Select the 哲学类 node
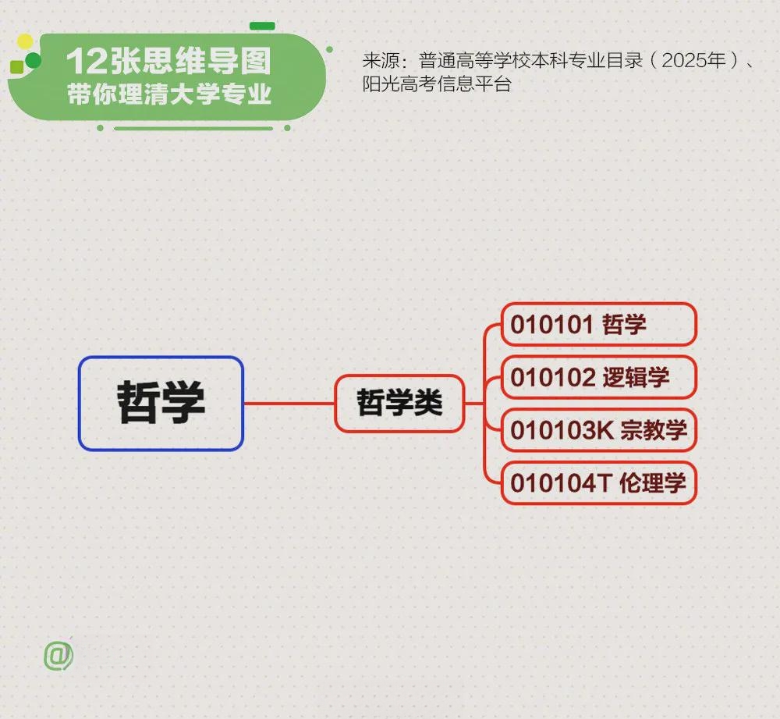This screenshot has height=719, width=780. point(399,404)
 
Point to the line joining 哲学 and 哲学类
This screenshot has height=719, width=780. point(289,404)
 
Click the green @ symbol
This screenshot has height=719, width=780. point(58,655)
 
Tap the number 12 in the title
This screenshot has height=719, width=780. point(87,61)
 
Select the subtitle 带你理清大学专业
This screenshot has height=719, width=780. point(169,94)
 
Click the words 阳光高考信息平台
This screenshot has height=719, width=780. point(437,84)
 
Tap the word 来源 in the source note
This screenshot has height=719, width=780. point(381,60)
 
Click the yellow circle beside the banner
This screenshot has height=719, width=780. point(24,42)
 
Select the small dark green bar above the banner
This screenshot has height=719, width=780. point(262,26)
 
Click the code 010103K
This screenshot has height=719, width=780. point(562,430)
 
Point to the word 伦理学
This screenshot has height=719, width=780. point(653,482)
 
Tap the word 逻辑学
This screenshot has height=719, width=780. point(636,377)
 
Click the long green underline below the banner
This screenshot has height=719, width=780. point(193,129)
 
